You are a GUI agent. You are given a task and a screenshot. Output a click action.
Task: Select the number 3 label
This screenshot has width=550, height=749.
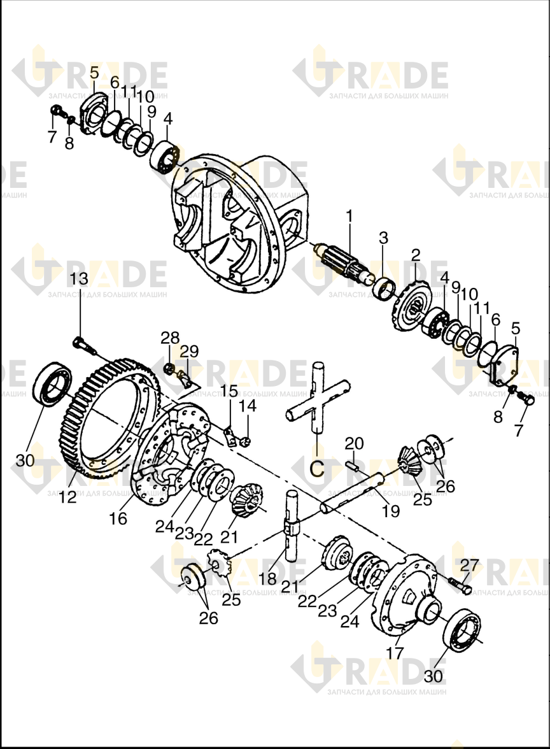[x=383, y=238]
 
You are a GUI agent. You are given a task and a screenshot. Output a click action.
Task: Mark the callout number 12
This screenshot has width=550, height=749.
[x=67, y=497]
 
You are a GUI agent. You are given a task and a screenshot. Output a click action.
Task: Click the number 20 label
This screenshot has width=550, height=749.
[x=355, y=443]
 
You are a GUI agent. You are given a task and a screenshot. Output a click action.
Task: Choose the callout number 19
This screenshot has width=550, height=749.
[x=391, y=511]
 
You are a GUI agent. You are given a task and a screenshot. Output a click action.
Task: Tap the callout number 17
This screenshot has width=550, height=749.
[x=396, y=652]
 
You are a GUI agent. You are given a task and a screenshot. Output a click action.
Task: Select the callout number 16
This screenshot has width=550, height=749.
[x=118, y=518]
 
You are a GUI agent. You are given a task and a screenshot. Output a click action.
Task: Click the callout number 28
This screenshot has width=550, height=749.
[x=170, y=338]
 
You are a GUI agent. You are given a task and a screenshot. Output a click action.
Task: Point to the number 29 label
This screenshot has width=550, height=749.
[x=189, y=352]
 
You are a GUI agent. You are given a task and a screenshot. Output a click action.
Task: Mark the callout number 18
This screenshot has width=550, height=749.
[x=269, y=578]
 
